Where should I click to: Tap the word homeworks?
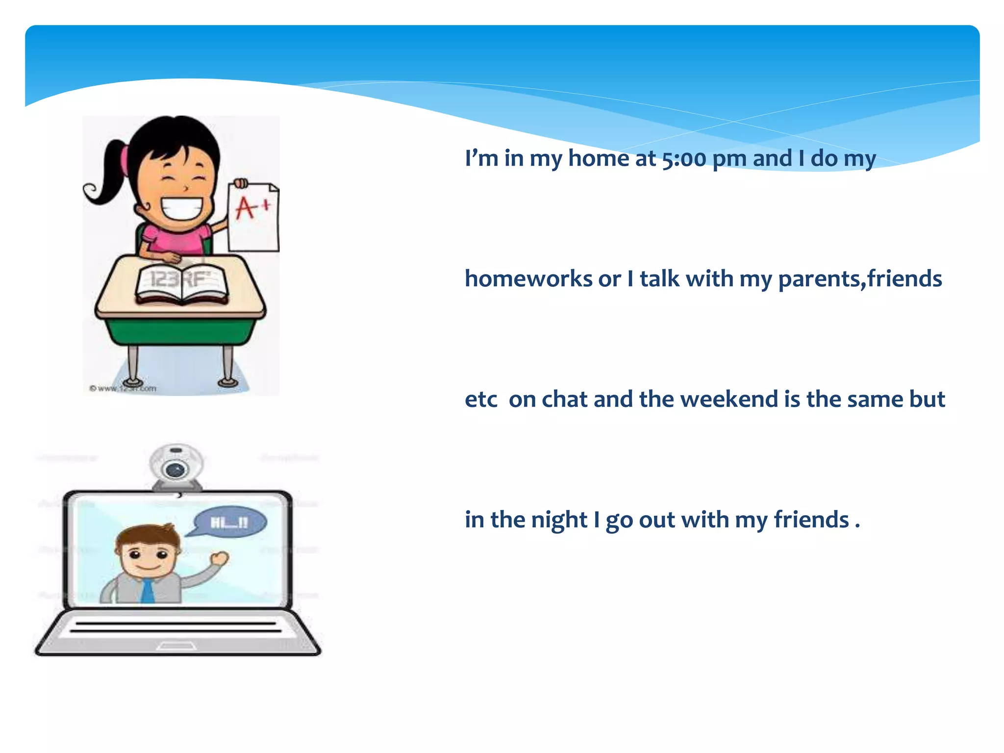click(x=528, y=279)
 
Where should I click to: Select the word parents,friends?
click(x=860, y=279)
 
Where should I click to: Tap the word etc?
click(x=481, y=399)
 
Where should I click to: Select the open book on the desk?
click(x=181, y=283)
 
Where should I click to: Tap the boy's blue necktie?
click(x=147, y=590)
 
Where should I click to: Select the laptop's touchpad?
click(x=176, y=646)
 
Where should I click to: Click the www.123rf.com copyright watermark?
click(x=123, y=389)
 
